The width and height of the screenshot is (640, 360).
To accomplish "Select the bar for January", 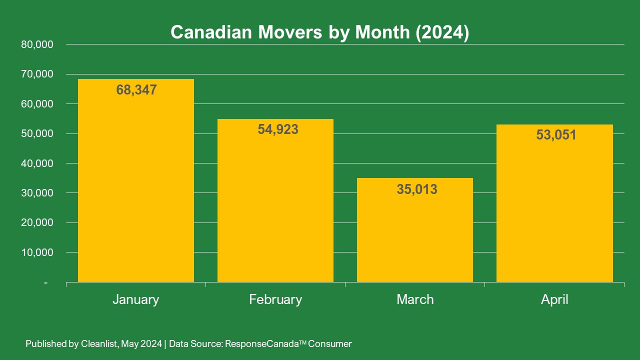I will click(x=136, y=190).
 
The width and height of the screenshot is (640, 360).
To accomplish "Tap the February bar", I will click(x=275, y=210).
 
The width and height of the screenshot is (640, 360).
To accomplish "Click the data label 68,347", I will click(x=136, y=90).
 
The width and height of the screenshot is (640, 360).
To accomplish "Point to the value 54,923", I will click(x=278, y=129).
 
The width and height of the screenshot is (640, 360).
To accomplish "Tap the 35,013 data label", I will click(x=416, y=189).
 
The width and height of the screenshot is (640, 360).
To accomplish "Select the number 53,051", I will click(x=556, y=135).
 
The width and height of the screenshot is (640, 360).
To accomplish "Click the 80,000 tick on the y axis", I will click(x=37, y=44).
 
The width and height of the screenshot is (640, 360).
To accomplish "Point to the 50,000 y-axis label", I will click(x=37, y=133).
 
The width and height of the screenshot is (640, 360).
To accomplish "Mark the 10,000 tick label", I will click(x=37, y=252).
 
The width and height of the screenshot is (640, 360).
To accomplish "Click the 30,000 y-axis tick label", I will click(x=37, y=193).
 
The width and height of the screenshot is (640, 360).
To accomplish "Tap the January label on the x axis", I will click(x=136, y=299).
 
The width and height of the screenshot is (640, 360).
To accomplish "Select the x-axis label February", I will click(x=275, y=299).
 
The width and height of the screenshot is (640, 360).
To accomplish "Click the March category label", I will click(x=415, y=299).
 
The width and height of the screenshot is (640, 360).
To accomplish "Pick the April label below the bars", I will click(x=554, y=299).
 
